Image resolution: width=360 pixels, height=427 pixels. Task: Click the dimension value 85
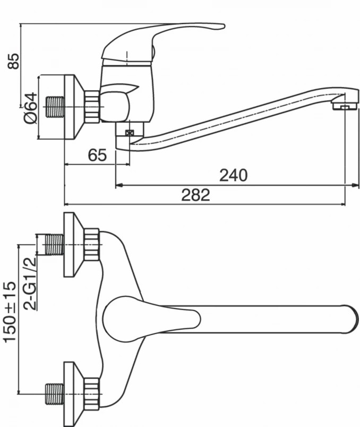[x=13, y=61]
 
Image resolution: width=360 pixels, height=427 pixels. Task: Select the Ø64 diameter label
[x=30, y=108]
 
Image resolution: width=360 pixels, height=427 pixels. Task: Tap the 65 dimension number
[x=97, y=155]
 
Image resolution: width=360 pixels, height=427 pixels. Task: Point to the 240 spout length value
[x=234, y=175]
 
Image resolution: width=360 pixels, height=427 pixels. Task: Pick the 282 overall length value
[x=195, y=195]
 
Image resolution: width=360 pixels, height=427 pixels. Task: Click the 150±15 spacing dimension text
[x=10, y=312]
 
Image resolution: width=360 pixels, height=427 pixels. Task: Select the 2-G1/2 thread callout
[x=30, y=283]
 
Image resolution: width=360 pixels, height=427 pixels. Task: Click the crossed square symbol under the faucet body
[x=130, y=133]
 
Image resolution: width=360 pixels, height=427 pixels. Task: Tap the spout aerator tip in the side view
[x=345, y=105]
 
